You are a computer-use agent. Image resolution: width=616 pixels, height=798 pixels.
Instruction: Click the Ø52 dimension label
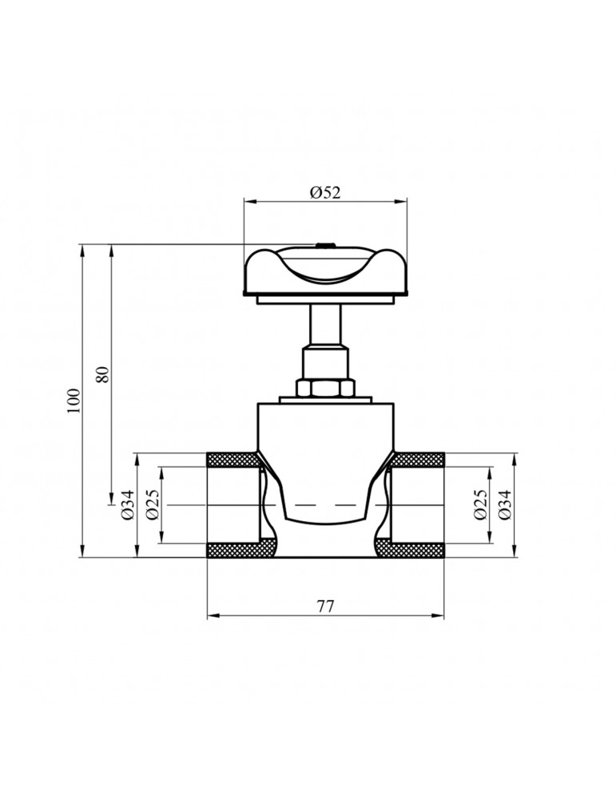[325, 193]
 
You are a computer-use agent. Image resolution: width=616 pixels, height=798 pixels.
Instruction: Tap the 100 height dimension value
[74, 401]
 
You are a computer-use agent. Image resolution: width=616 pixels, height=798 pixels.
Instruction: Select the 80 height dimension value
[103, 374]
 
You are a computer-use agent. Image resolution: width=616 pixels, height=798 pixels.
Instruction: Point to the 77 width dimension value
[326, 606]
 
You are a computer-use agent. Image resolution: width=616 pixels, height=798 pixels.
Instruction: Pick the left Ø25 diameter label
[153, 505]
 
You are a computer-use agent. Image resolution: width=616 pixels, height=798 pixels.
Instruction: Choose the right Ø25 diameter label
[480, 505]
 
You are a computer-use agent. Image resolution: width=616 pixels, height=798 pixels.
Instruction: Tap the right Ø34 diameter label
[506, 505]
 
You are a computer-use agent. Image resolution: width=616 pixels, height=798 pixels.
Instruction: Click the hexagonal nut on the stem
[325, 388]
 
